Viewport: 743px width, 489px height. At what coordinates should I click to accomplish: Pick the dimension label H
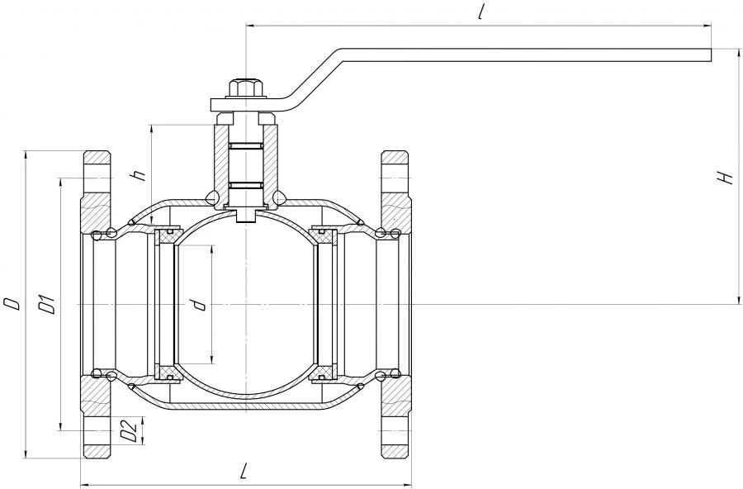[726, 177]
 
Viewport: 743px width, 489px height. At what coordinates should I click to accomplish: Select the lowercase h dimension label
[140, 175]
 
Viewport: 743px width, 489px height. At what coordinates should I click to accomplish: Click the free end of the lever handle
[712, 55]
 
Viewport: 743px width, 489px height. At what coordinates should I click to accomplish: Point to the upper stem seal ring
[246, 145]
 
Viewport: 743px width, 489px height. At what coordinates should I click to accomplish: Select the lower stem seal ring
[246, 185]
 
